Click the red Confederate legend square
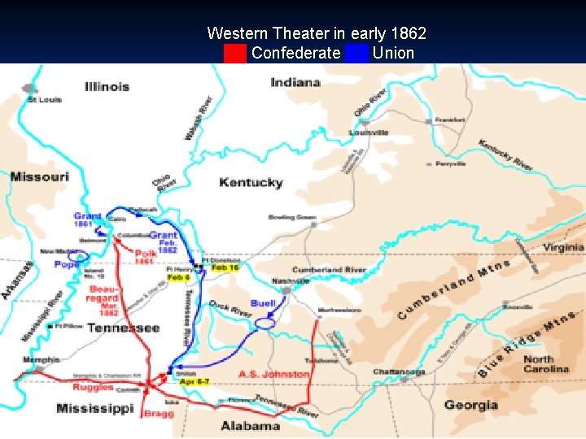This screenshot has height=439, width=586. pyautogui.click(x=235, y=54)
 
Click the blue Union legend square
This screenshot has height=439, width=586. pyautogui.click(x=356, y=54)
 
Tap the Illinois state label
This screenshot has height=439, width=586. pyautogui.click(x=107, y=87)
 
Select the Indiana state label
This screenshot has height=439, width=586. pyautogui.click(x=295, y=82)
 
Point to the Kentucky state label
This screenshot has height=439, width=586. pyautogui.click(x=251, y=182)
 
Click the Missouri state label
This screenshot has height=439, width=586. pyautogui.click(x=39, y=176)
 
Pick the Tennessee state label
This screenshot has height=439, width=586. pyautogui.click(x=123, y=328)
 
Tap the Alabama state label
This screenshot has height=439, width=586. pyautogui.click(x=251, y=425)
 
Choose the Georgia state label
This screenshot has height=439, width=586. pyautogui.click(x=471, y=405)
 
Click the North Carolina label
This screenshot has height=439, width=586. pyautogui.click(x=545, y=364)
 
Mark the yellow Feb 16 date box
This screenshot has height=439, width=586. pyautogui.click(x=224, y=267)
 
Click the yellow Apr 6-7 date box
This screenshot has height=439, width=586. pyautogui.click(x=195, y=381)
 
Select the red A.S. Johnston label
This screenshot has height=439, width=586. pyautogui.click(x=274, y=374)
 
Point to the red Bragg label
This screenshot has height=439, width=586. pyautogui.click(x=158, y=414)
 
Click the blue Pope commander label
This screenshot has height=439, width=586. pyautogui.click(x=67, y=265)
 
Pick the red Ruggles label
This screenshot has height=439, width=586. pyautogui.click(x=93, y=388)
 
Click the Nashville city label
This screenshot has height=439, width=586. pyautogui.click(x=291, y=281)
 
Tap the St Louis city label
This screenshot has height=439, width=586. pyautogui.click(x=44, y=100)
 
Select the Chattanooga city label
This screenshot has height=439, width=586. pyautogui.click(x=399, y=372)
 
